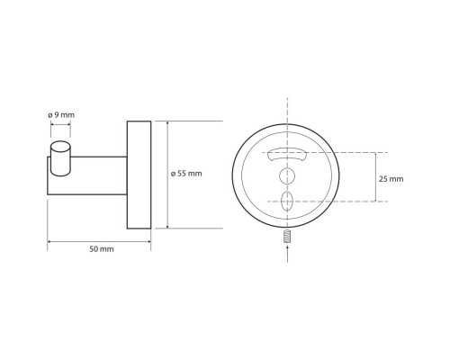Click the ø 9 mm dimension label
click(61, 114)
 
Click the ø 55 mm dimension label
click(186, 174)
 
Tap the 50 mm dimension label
click(102, 249)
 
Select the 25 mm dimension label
click(391, 179)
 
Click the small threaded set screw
click(288, 236)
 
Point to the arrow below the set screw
click(288, 254)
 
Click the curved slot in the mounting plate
click(287, 155)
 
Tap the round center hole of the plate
click(287, 175)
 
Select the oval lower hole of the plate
click(287, 202)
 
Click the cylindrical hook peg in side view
click(61, 158)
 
